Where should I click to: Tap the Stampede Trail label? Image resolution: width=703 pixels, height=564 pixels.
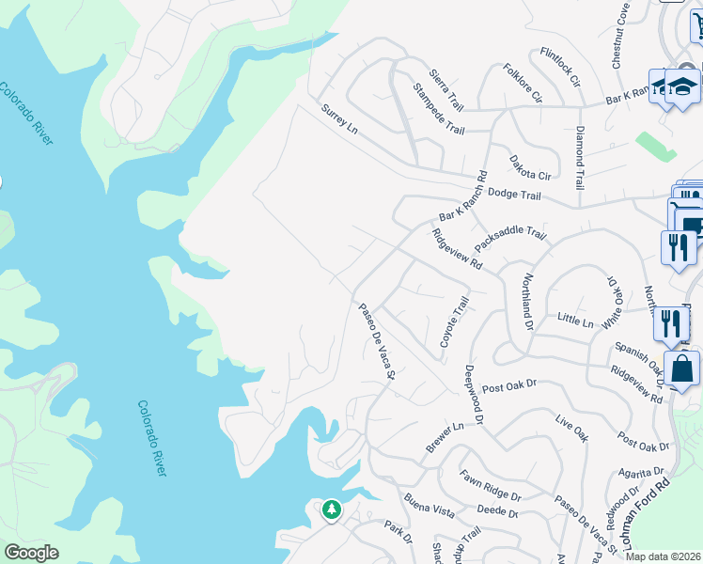pos(439,108)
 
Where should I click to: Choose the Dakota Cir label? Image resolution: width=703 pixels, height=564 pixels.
pos(530,168)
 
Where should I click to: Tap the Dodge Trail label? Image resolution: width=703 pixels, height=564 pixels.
pos(517,196)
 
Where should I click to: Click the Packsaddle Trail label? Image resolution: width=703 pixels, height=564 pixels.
pos(510,239)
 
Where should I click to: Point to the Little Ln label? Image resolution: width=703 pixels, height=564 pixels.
pos(575,321)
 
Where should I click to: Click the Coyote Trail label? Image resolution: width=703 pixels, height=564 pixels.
pos(455,322)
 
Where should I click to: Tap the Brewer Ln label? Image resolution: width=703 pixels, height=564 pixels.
pos(445,438)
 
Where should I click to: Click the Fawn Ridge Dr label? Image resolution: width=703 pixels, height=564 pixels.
pos(490,489)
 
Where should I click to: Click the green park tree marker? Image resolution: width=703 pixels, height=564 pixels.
pos(331,509)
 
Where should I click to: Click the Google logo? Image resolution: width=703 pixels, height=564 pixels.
pos(31,553)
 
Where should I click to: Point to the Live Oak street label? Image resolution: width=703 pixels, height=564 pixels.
pos(571,428)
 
